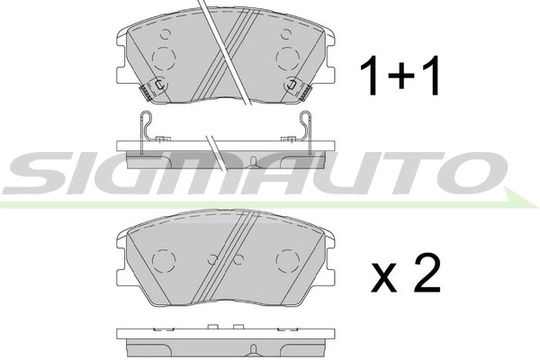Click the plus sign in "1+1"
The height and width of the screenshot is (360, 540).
click(400, 76)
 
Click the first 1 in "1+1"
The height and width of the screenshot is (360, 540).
click(369, 76)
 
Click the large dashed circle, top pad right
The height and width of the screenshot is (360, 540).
click(288, 58)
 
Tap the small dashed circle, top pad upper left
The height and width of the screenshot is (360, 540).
click(165, 35)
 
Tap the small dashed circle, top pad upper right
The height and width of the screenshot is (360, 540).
click(285, 35)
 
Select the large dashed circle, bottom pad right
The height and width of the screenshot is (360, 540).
click(288, 260)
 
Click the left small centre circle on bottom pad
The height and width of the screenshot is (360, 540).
click(212, 260)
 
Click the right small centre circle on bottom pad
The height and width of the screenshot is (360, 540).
click(238, 260)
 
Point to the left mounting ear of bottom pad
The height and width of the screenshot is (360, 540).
click(124, 239)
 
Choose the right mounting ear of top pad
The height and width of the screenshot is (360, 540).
click(328, 40)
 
